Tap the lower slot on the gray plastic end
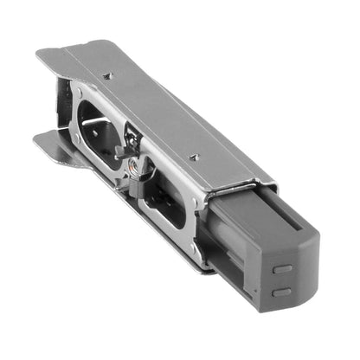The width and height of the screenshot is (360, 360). click(282, 291)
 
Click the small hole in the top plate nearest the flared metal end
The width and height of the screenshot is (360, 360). click(107, 76)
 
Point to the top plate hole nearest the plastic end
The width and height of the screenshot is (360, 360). click(196, 156)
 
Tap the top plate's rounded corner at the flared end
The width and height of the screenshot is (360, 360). click(43, 56)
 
